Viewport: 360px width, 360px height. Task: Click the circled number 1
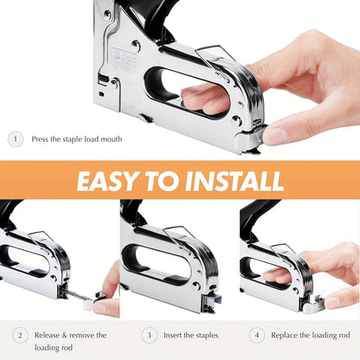pos(16,138)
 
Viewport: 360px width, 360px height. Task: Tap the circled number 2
pos(20,335)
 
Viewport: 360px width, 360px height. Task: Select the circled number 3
pos(150,335)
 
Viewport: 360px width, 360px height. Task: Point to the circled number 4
pos(257,335)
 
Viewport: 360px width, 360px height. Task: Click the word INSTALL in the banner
pos(235,182)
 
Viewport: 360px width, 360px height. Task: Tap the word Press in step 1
pos(45,138)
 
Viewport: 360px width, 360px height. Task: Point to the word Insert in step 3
pos(179,335)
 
